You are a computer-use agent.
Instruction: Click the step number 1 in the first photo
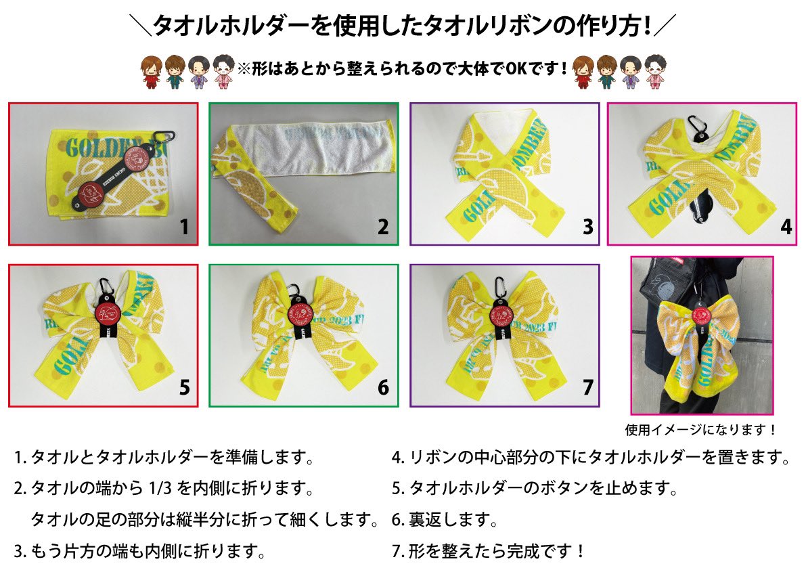tap(183, 227)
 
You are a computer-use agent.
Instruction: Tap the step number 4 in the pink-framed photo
tap(785, 226)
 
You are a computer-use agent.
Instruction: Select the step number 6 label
tap(383, 387)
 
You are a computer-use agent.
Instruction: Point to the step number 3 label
tap(587, 226)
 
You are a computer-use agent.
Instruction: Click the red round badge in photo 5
tap(104, 312)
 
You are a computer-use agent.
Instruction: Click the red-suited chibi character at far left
tap(150, 72)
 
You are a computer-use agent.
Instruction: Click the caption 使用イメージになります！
tap(701, 429)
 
